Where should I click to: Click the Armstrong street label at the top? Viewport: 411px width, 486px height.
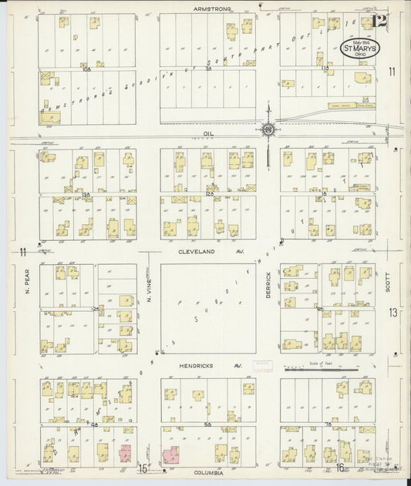point(208,8)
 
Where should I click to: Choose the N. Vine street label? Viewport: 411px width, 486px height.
point(149,287)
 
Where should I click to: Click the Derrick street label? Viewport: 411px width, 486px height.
point(268,284)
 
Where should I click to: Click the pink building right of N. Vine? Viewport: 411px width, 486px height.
point(170,454)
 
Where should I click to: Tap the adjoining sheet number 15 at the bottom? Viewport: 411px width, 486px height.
point(143,468)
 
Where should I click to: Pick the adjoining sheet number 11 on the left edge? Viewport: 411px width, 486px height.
point(23,251)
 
